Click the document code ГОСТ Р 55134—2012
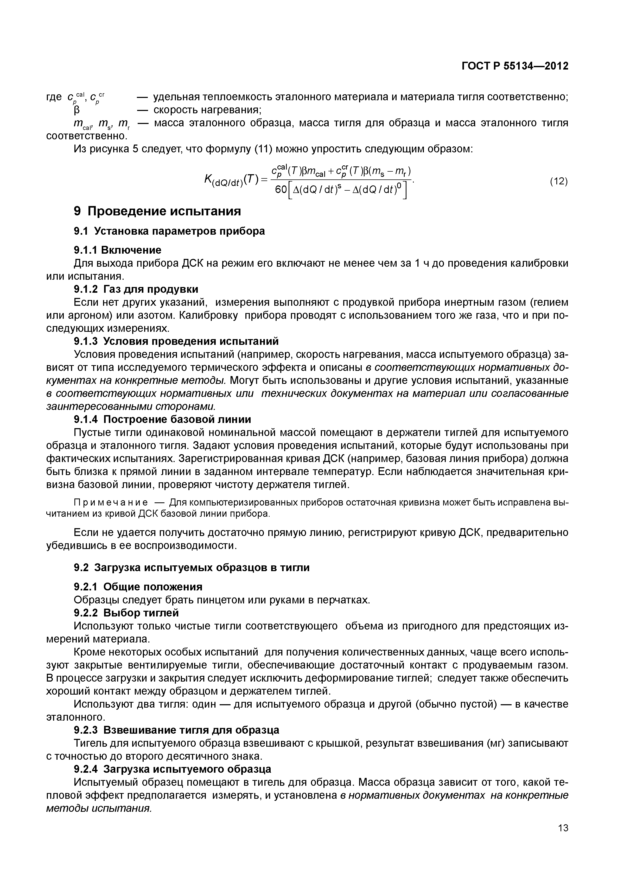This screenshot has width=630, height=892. (515, 66)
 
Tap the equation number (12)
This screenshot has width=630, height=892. (559, 182)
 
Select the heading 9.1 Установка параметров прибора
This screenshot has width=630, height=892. (169, 231)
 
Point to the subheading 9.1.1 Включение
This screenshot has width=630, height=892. (117, 250)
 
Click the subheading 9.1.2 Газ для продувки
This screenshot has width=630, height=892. (136, 289)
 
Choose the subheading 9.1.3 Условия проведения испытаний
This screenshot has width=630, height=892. (176, 341)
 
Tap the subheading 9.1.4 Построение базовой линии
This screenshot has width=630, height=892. (162, 420)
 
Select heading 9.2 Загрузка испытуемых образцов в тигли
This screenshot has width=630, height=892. (192, 567)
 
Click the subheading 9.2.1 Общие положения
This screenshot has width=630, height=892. (138, 587)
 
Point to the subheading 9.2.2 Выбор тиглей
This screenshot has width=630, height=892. (126, 613)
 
